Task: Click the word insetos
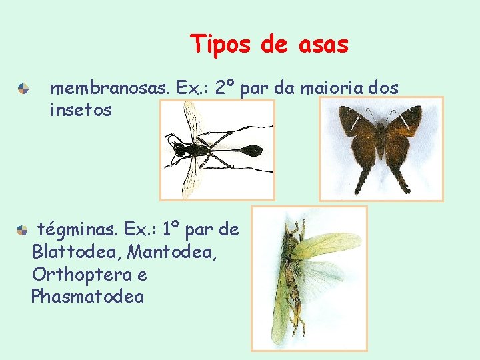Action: tap(81, 110)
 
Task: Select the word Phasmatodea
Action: tap(87, 297)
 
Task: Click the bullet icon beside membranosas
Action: tap(23, 88)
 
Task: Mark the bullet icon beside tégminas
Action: tap(22, 230)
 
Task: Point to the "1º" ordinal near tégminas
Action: tap(170, 230)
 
